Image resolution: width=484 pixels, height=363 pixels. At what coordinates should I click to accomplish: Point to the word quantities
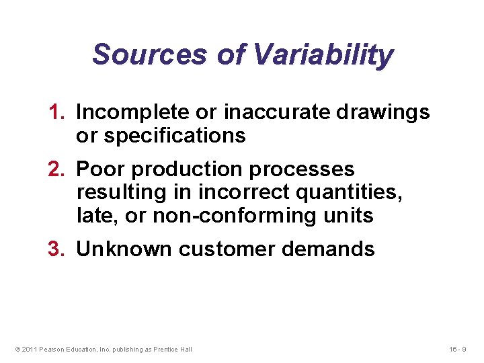[x=347, y=192]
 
